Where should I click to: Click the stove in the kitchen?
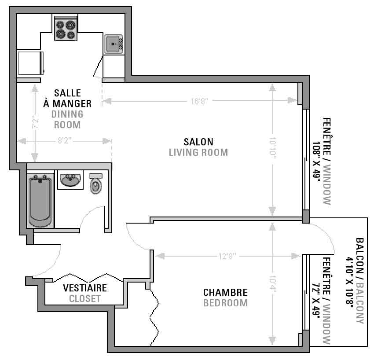pyautogui.click(x=66, y=28)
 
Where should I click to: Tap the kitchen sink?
pyautogui.click(x=114, y=44)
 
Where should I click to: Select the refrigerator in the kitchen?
pyautogui.click(x=30, y=63)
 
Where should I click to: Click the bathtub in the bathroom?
pyautogui.click(x=40, y=200)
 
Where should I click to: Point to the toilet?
pyautogui.click(x=95, y=183)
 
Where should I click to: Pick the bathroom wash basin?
pyautogui.click(x=70, y=180)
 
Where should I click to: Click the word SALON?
pyautogui.click(x=198, y=142)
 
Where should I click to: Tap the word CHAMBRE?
pyautogui.click(x=225, y=292)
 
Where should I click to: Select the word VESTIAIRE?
pyautogui.click(x=85, y=288)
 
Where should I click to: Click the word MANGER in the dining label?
pyautogui.click(x=72, y=103)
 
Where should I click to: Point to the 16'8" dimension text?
pyautogui.click(x=199, y=101)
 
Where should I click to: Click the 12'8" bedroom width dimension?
pyautogui.click(x=227, y=257)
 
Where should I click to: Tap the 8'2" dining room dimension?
pyautogui.click(x=64, y=140)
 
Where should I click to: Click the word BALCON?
pyautogui.click(x=359, y=256)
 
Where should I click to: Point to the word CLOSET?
pyautogui.click(x=85, y=299)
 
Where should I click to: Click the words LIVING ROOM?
pyautogui.click(x=198, y=152)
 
